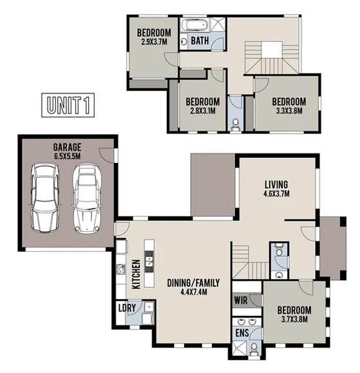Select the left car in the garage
44,198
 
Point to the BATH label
200,41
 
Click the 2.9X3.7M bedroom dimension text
154,42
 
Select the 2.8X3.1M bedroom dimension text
202,111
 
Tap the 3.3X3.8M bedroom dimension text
288,111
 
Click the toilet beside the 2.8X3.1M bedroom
235,122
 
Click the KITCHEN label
137,274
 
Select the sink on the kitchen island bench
149,261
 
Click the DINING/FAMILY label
194,282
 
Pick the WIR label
240,300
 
